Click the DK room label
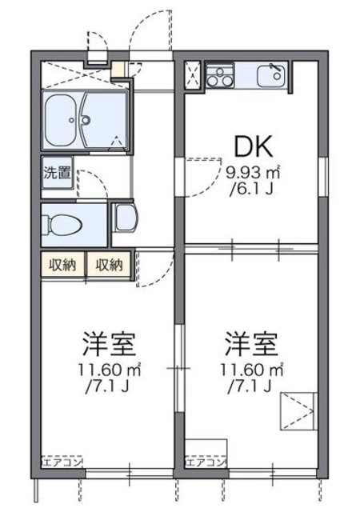click(254, 146)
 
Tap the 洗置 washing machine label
click(57, 172)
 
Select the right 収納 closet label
click(109, 265)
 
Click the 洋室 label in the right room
click(251, 345)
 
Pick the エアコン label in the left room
click(60, 462)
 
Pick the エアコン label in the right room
click(204, 462)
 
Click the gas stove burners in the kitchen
click(218, 78)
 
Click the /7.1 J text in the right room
click(251, 387)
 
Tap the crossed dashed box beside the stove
click(193, 74)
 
